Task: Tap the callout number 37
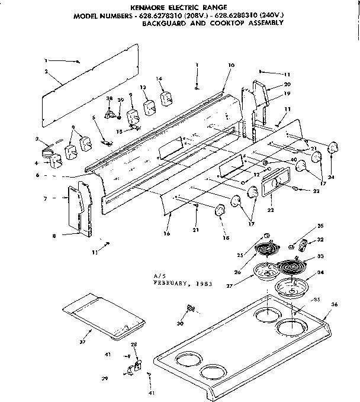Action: (x=82, y=342)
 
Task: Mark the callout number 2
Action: (x=46, y=72)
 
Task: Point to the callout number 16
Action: (x=168, y=234)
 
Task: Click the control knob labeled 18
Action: (x=220, y=210)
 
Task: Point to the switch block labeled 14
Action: (x=165, y=99)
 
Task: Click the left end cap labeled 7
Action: (x=77, y=207)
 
